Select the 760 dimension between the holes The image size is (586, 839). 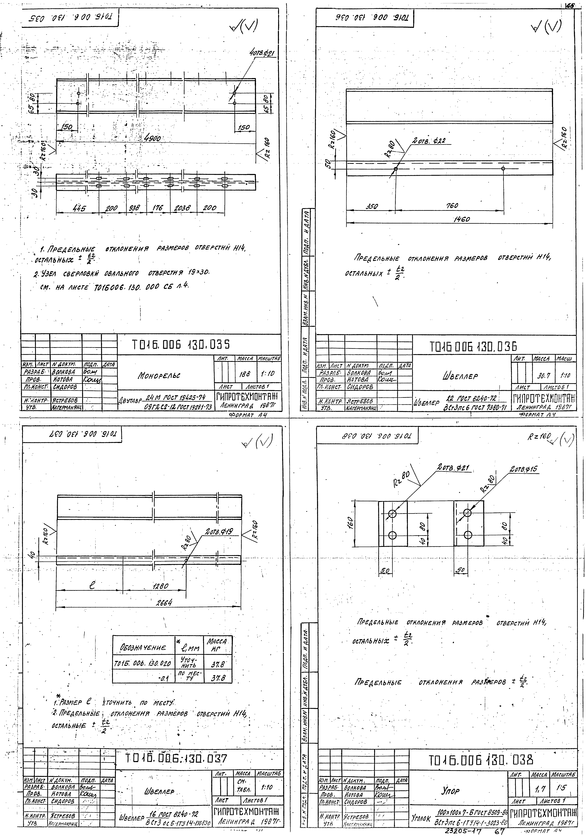[452, 206]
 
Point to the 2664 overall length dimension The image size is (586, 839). [164, 603]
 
